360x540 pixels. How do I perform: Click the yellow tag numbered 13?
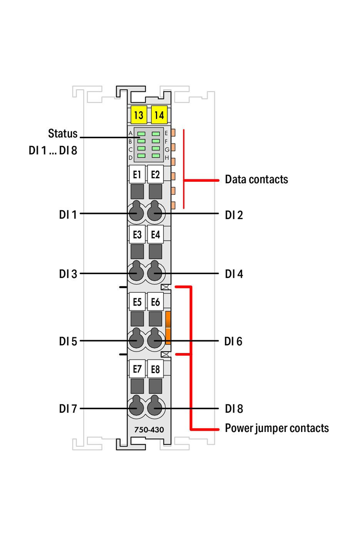pos(139,115)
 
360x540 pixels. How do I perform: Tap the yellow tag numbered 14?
pos(159,115)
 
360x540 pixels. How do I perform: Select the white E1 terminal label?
pos(137,175)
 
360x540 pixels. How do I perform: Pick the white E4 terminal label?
pos(155,234)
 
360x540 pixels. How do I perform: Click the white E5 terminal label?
pos(137,302)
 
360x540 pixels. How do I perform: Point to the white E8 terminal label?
pos(155,369)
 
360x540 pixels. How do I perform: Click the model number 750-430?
pos(149,430)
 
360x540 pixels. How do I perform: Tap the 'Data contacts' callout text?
pos(256,180)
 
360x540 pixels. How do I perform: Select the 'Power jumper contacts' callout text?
pos(277,428)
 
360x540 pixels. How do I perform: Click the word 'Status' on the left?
pos(63,134)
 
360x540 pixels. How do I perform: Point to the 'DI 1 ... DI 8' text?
pos(53,150)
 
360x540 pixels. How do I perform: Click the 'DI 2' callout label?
pos(234,215)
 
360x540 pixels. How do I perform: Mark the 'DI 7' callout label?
pos(68,409)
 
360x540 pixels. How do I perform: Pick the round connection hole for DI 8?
pos(155,409)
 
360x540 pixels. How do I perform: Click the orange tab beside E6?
pos(168,327)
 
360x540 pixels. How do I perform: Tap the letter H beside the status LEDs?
pos(166,158)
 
